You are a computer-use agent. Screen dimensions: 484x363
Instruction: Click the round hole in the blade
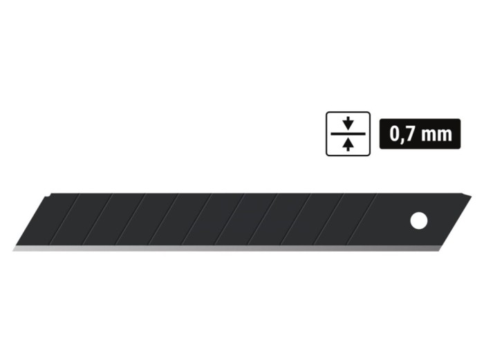(419, 221)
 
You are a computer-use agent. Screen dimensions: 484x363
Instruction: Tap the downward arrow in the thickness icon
(348, 123)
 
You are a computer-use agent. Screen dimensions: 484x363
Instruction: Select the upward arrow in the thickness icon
(348, 145)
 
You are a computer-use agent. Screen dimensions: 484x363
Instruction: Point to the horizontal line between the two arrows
(348, 133)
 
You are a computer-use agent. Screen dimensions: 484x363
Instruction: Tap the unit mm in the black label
(437, 136)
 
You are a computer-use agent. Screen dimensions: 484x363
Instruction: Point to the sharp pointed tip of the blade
(14, 250)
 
